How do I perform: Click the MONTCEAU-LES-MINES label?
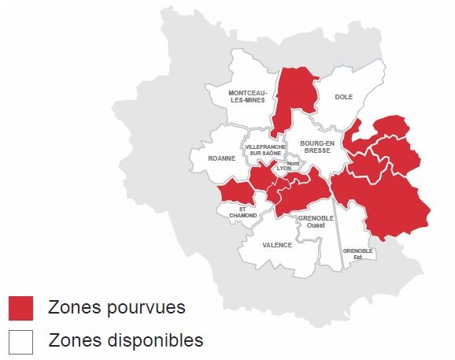click(248, 96)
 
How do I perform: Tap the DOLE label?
click(343, 97)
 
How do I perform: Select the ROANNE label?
click(221, 158)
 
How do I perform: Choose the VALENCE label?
click(276, 245)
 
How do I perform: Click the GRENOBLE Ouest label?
click(316, 221)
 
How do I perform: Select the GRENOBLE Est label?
click(357, 254)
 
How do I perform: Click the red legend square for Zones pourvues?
click(20, 308)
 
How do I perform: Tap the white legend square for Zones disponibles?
click(20, 341)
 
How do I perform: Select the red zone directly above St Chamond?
click(235, 191)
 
